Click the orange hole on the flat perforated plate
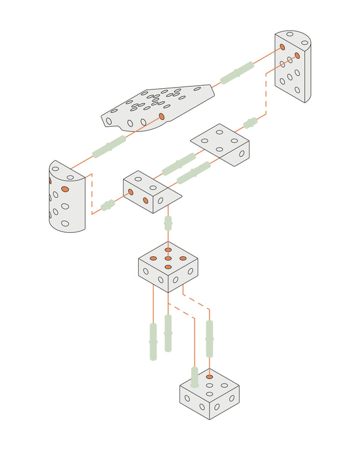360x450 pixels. (x=161, y=116)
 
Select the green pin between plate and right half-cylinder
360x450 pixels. (x=237, y=72)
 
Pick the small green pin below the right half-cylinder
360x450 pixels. (x=250, y=123)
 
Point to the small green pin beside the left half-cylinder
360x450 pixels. (x=107, y=205)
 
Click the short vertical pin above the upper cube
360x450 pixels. (x=168, y=223)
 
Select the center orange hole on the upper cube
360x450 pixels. (x=168, y=258)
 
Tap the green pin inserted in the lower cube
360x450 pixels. (x=194, y=377)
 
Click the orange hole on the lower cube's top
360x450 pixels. (x=209, y=377)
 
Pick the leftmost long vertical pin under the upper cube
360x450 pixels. (x=153, y=341)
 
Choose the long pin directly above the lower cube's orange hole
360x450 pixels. (x=209, y=339)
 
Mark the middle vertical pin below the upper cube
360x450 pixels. (x=168, y=333)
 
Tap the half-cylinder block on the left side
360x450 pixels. (x=66, y=198)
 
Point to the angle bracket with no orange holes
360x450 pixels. (x=221, y=144)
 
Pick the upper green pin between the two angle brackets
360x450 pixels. (x=178, y=163)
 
